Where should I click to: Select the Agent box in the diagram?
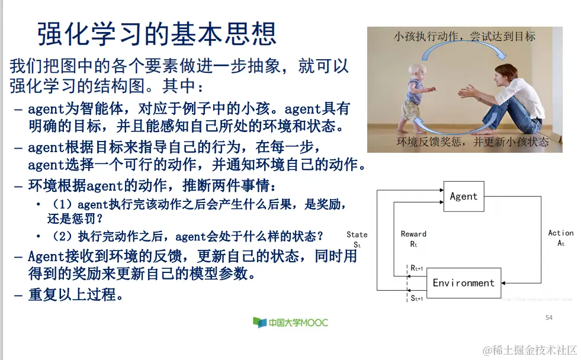coord(463,197)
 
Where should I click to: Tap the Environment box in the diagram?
coord(463,283)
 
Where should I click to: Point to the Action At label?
coord(560,238)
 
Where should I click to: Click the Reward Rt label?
coord(413,239)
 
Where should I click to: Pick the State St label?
coord(357,239)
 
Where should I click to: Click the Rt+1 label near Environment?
coord(417,268)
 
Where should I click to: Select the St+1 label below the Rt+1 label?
coord(417,298)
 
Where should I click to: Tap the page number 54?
coord(548,318)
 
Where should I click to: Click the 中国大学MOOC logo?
coord(290,323)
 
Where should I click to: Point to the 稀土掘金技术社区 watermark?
coord(529,350)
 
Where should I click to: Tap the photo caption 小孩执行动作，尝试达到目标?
coord(464,37)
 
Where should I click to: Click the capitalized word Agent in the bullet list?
coord(46,256)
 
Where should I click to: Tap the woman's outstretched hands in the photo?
coord(465,92)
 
